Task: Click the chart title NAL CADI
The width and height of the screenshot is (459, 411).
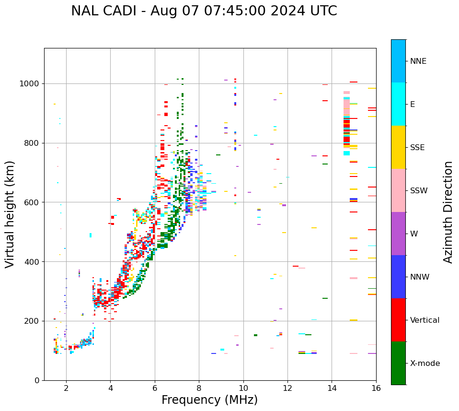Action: tap(105, 11)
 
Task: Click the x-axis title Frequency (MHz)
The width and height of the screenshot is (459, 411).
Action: tap(209, 400)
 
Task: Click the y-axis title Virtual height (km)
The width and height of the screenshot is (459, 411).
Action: tap(11, 214)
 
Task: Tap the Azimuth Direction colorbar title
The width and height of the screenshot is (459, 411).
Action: tap(448, 212)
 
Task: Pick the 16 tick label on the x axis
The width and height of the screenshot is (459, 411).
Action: tap(376, 388)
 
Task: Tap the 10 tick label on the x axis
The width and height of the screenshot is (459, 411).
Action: tap(243, 388)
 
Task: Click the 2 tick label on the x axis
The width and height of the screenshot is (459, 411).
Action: tap(66, 388)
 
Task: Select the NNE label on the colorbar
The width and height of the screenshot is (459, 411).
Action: tap(418, 61)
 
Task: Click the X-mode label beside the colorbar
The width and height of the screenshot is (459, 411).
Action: tap(425, 364)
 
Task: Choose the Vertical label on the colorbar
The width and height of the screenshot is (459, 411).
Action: tap(425, 320)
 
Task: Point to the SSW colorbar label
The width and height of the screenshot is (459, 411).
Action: tap(419, 191)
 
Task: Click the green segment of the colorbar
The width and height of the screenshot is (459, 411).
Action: tap(398, 363)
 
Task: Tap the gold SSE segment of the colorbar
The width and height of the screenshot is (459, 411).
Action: tap(398, 147)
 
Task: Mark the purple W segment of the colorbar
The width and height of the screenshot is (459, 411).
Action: tap(398, 234)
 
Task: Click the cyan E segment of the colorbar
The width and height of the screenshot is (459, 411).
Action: tap(398, 104)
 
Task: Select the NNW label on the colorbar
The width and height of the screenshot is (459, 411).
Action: tap(420, 277)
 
